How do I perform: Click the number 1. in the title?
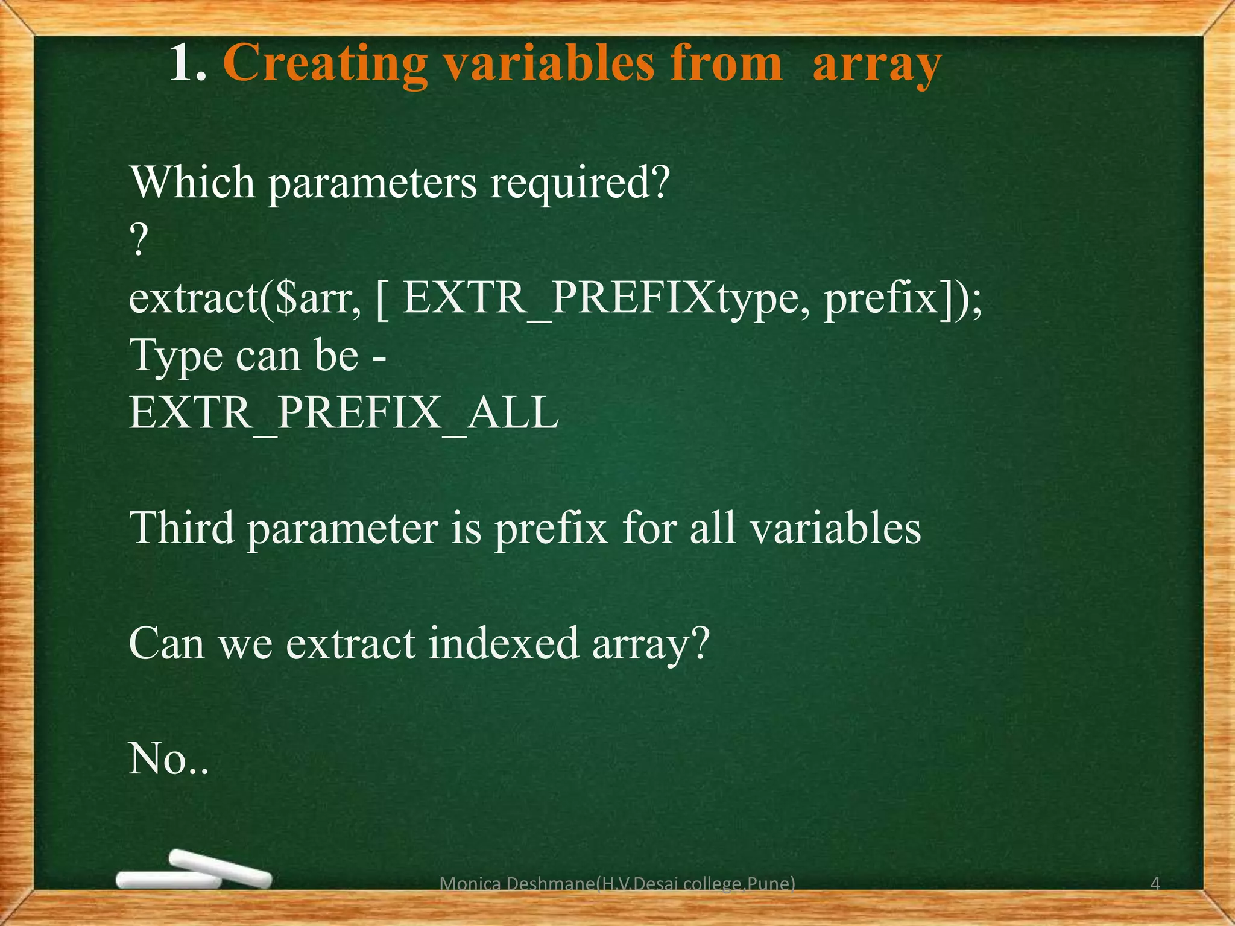188,64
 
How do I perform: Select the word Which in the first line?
192,182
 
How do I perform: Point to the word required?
580,183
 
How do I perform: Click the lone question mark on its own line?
139,241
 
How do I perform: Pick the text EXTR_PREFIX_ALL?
344,414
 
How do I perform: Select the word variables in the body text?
835,528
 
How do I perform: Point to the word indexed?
504,643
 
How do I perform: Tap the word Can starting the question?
166,643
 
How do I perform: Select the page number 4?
1155,884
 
